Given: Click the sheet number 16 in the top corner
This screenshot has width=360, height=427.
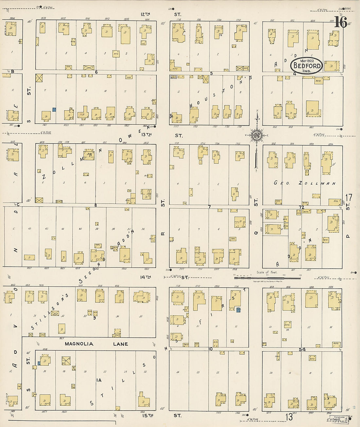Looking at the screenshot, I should [341, 22].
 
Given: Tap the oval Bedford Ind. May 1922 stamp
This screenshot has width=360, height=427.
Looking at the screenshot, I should [307, 65].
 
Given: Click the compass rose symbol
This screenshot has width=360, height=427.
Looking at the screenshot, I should [257, 135].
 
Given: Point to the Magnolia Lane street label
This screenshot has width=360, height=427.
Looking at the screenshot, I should [96, 344].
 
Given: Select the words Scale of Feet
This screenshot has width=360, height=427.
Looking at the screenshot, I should [267, 272].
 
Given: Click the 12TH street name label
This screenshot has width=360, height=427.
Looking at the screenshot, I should [145, 14].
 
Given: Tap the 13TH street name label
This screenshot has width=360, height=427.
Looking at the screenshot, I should [146, 134].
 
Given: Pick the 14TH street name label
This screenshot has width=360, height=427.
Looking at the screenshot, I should [146, 277].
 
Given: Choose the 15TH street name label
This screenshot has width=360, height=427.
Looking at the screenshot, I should [148, 415].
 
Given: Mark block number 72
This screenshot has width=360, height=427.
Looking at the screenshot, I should [301, 207].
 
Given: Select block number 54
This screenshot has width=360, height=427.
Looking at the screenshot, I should [302, 349].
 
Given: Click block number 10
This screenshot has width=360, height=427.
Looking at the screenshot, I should [210, 349].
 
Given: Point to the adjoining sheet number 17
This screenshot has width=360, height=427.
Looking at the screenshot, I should [349, 198].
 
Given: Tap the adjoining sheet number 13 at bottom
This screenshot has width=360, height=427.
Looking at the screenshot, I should [289, 417].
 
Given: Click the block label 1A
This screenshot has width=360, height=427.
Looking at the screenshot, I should [99, 380].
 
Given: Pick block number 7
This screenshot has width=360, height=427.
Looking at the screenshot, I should [209, 206].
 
